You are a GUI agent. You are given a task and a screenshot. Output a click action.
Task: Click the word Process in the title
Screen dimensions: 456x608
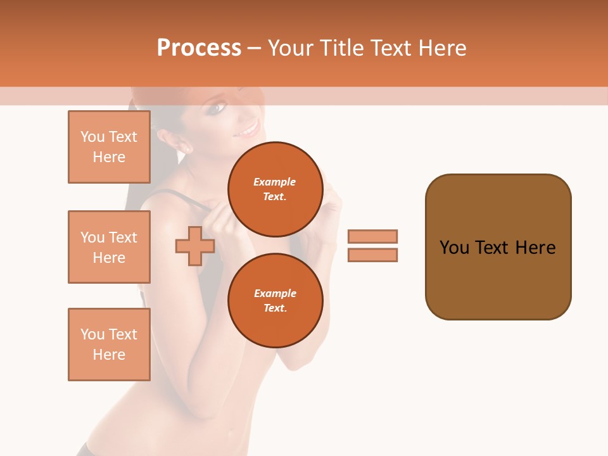pos(199,48)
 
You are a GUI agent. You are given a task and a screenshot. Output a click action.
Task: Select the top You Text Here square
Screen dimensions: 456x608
pos(109,147)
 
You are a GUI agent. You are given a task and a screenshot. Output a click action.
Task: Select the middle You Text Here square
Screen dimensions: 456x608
pos(109,247)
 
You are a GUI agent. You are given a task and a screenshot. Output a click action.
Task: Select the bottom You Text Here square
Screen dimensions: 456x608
pos(109,345)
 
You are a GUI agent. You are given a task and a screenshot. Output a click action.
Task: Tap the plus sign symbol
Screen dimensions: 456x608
pos(195,246)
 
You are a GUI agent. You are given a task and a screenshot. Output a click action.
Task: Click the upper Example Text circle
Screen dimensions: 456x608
pos(275,189)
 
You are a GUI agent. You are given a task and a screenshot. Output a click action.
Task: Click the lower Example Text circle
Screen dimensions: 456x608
pos(275,301)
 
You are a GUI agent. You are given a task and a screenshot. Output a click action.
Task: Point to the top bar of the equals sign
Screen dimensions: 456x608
pos(372,237)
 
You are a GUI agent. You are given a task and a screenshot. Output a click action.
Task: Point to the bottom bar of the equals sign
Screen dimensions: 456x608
pos(372,255)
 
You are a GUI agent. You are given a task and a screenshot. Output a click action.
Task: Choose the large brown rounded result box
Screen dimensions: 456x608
pos(498,247)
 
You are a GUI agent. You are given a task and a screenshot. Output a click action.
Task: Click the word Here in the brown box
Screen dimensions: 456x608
pos(535,248)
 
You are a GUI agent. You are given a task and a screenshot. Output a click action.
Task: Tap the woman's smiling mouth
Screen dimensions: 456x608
pos(248,130)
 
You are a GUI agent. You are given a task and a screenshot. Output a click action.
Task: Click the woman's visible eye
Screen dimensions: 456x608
pos(217,108)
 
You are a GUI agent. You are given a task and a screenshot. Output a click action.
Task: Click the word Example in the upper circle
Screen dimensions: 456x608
pos(275,182)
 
